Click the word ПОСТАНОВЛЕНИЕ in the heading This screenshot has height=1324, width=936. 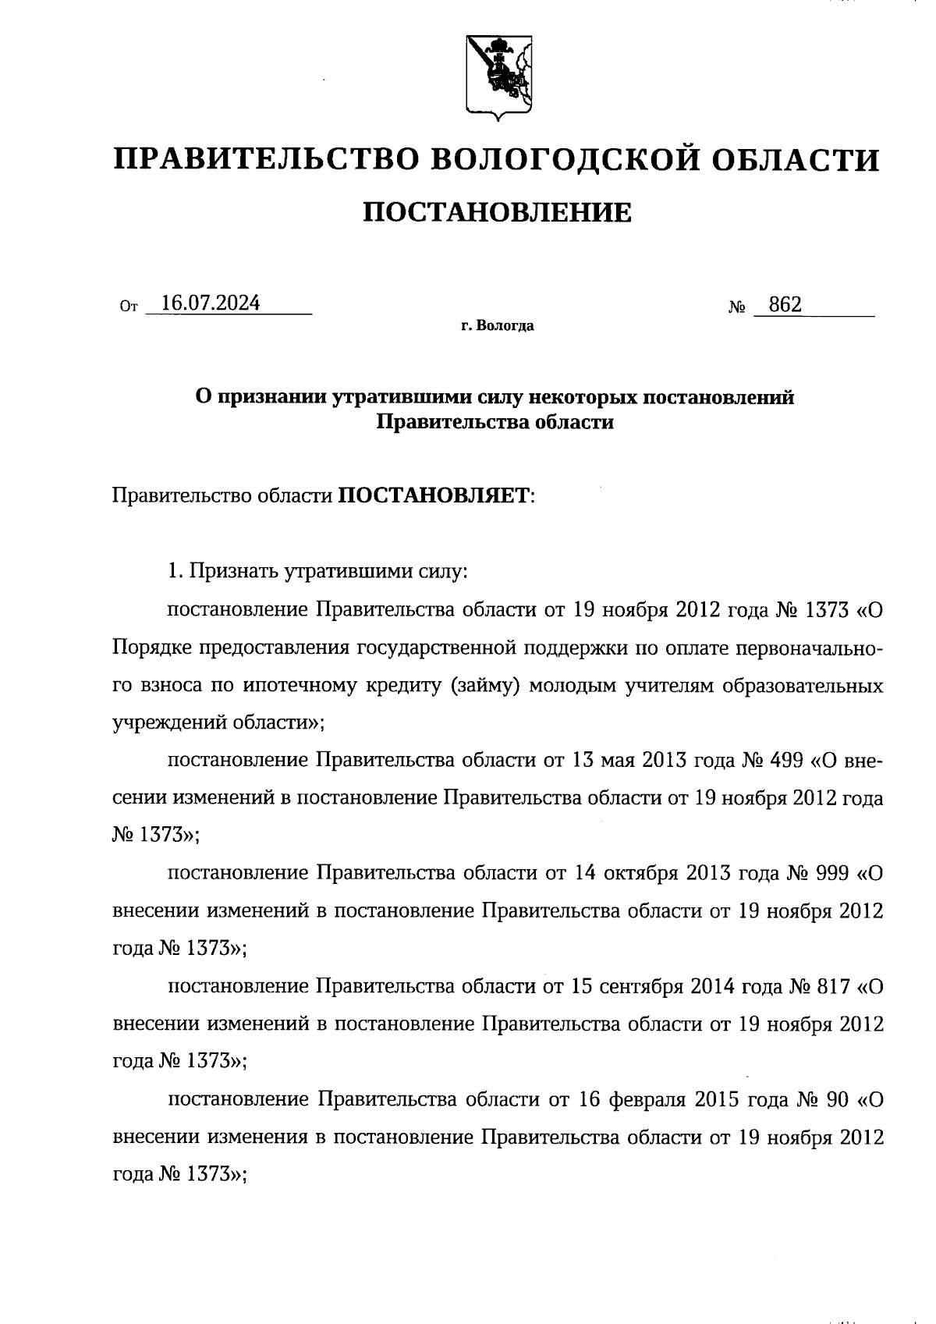click(498, 212)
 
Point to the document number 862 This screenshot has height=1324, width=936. click(784, 304)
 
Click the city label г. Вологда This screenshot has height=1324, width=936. click(497, 326)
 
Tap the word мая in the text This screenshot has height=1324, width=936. click(616, 761)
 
